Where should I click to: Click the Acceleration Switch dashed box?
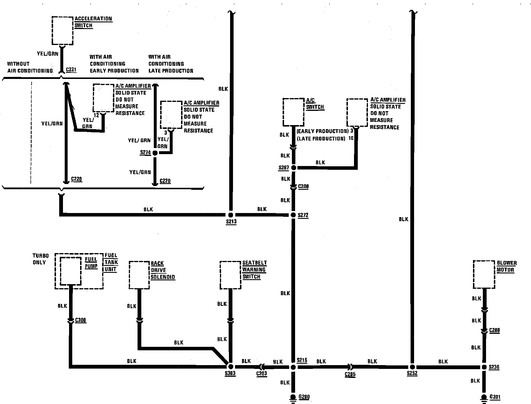[x=62, y=30]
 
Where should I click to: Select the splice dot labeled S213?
[x=230, y=215]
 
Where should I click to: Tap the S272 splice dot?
[x=293, y=215]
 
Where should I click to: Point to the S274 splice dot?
[x=155, y=153]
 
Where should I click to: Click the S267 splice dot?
[x=293, y=168]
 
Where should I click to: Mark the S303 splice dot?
[x=230, y=367]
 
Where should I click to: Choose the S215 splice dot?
[x=293, y=367]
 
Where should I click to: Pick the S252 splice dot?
[x=412, y=367]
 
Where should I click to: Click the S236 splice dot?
[x=484, y=367]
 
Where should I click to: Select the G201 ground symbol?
[x=484, y=398]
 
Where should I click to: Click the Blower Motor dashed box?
[x=484, y=274]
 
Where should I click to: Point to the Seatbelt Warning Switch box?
[x=230, y=275]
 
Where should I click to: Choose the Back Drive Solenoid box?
[x=139, y=275]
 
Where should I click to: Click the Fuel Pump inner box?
[x=71, y=271]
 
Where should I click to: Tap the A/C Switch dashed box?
[x=293, y=112]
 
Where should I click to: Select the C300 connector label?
[x=81, y=320]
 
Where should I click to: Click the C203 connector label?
[x=261, y=374]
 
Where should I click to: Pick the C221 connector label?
[x=71, y=70]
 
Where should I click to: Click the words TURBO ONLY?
[x=40, y=259]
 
